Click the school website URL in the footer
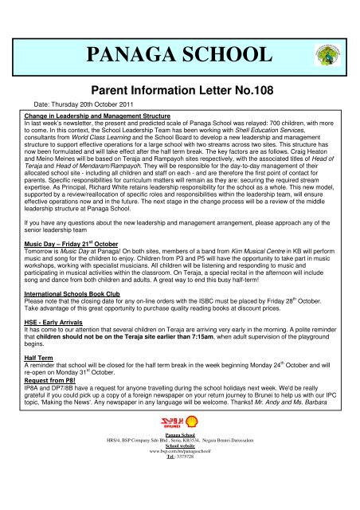(179, 494)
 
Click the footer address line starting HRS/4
(180, 483)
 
